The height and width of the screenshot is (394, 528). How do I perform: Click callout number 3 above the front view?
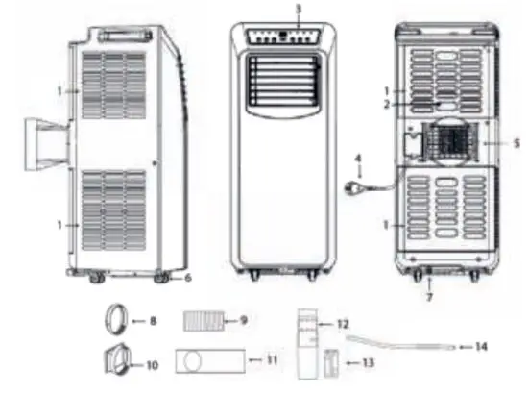click(299, 10)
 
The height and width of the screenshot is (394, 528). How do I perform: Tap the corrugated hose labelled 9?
click(202, 319)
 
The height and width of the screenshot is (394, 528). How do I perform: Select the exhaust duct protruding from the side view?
click(47, 140)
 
